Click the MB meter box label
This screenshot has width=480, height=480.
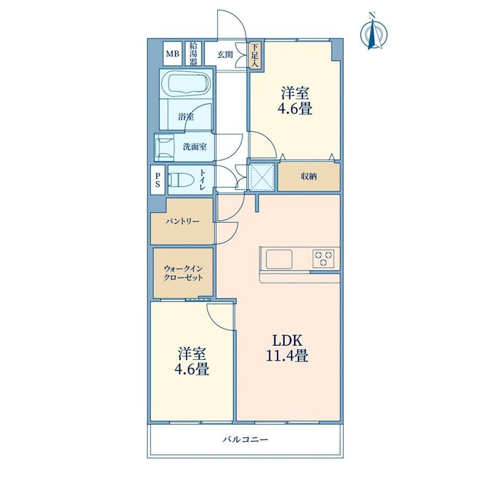click(x=172, y=54)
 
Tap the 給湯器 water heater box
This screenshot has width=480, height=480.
click(x=194, y=53)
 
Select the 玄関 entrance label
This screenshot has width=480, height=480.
click(x=225, y=55)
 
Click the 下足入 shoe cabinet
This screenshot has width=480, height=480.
click(x=255, y=55)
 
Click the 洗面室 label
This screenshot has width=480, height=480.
click(x=195, y=147)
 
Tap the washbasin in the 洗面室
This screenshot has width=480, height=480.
click(x=165, y=148)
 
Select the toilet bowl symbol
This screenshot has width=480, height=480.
click(x=175, y=180)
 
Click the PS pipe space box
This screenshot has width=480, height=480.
click(x=158, y=179)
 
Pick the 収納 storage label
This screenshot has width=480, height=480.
click(x=308, y=177)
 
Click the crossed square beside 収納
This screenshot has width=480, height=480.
click(x=262, y=177)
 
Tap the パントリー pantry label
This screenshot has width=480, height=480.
click(x=183, y=221)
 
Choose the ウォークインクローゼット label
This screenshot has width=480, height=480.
click(x=183, y=273)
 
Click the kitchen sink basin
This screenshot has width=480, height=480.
click(x=279, y=259)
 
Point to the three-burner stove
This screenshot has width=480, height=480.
click(x=323, y=259)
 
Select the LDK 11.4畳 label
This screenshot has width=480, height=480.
click(x=287, y=348)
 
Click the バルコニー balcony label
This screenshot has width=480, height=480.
click(x=245, y=440)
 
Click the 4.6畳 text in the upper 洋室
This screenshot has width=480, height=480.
click(x=295, y=109)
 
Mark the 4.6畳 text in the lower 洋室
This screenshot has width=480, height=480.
click(x=191, y=369)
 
